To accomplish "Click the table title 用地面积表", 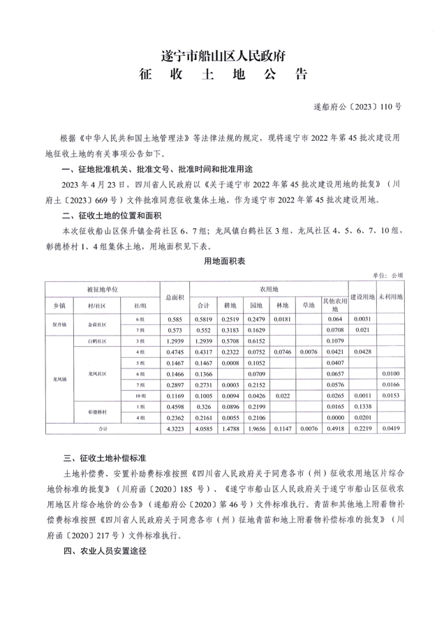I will click(221, 260).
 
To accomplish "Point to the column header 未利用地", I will click(390, 297).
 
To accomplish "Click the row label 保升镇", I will click(59, 324).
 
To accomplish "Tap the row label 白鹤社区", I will click(97, 341).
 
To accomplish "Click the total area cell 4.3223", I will click(174, 430).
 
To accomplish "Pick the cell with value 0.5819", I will click(203, 319).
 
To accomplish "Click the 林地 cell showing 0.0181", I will click(282, 319).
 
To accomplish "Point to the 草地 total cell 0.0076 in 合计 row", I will click(308, 430).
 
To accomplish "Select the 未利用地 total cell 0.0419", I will click(390, 430).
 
